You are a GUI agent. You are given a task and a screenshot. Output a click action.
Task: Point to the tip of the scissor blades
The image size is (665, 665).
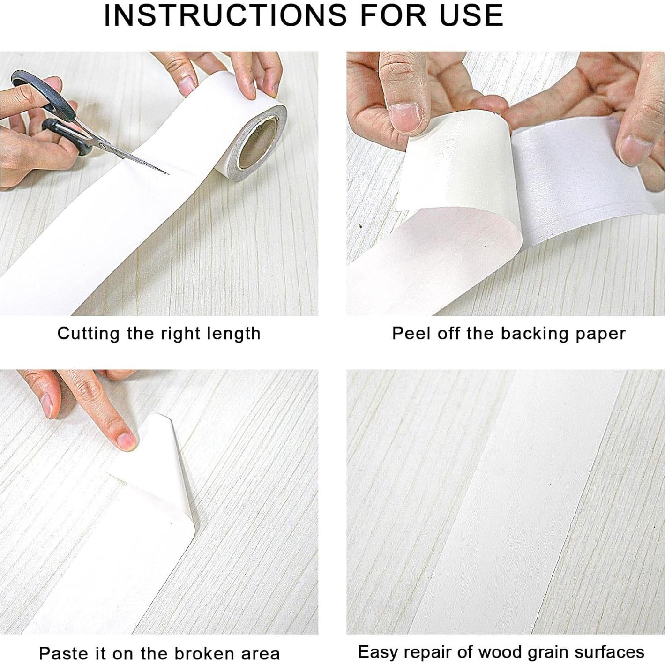tap(166, 173)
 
